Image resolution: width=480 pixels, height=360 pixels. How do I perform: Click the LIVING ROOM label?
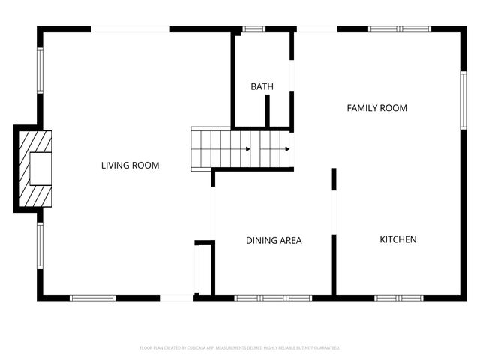[130, 165]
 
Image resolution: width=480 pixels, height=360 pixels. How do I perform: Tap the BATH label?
[262, 87]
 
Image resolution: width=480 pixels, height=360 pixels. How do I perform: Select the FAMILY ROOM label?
[376, 108]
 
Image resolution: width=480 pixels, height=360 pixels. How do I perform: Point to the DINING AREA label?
[274, 241]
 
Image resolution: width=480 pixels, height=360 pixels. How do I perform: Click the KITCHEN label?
[397, 240]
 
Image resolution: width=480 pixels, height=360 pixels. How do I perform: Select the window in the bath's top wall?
[254, 29]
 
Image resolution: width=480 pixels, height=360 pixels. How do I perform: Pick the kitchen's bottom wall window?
[399, 298]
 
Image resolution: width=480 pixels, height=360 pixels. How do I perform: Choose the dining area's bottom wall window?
[273, 298]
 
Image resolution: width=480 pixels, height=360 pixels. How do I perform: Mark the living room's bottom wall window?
[93, 298]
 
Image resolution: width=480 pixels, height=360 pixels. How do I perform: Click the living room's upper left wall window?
[40, 71]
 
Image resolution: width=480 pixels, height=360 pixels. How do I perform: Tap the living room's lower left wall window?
[40, 245]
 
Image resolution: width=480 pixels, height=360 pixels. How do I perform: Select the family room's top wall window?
[399, 29]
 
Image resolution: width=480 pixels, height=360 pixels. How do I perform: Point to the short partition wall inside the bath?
[267, 111]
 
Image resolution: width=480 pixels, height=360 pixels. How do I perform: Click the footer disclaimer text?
[240, 348]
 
